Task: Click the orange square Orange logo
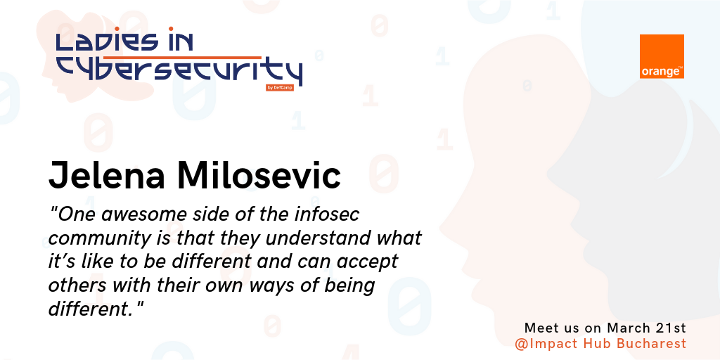(662, 56)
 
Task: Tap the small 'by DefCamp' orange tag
(280, 88)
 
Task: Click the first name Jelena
(107, 175)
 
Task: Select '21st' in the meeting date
(670, 328)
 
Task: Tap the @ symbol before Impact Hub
(520, 344)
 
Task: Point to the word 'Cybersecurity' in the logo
(179, 70)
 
